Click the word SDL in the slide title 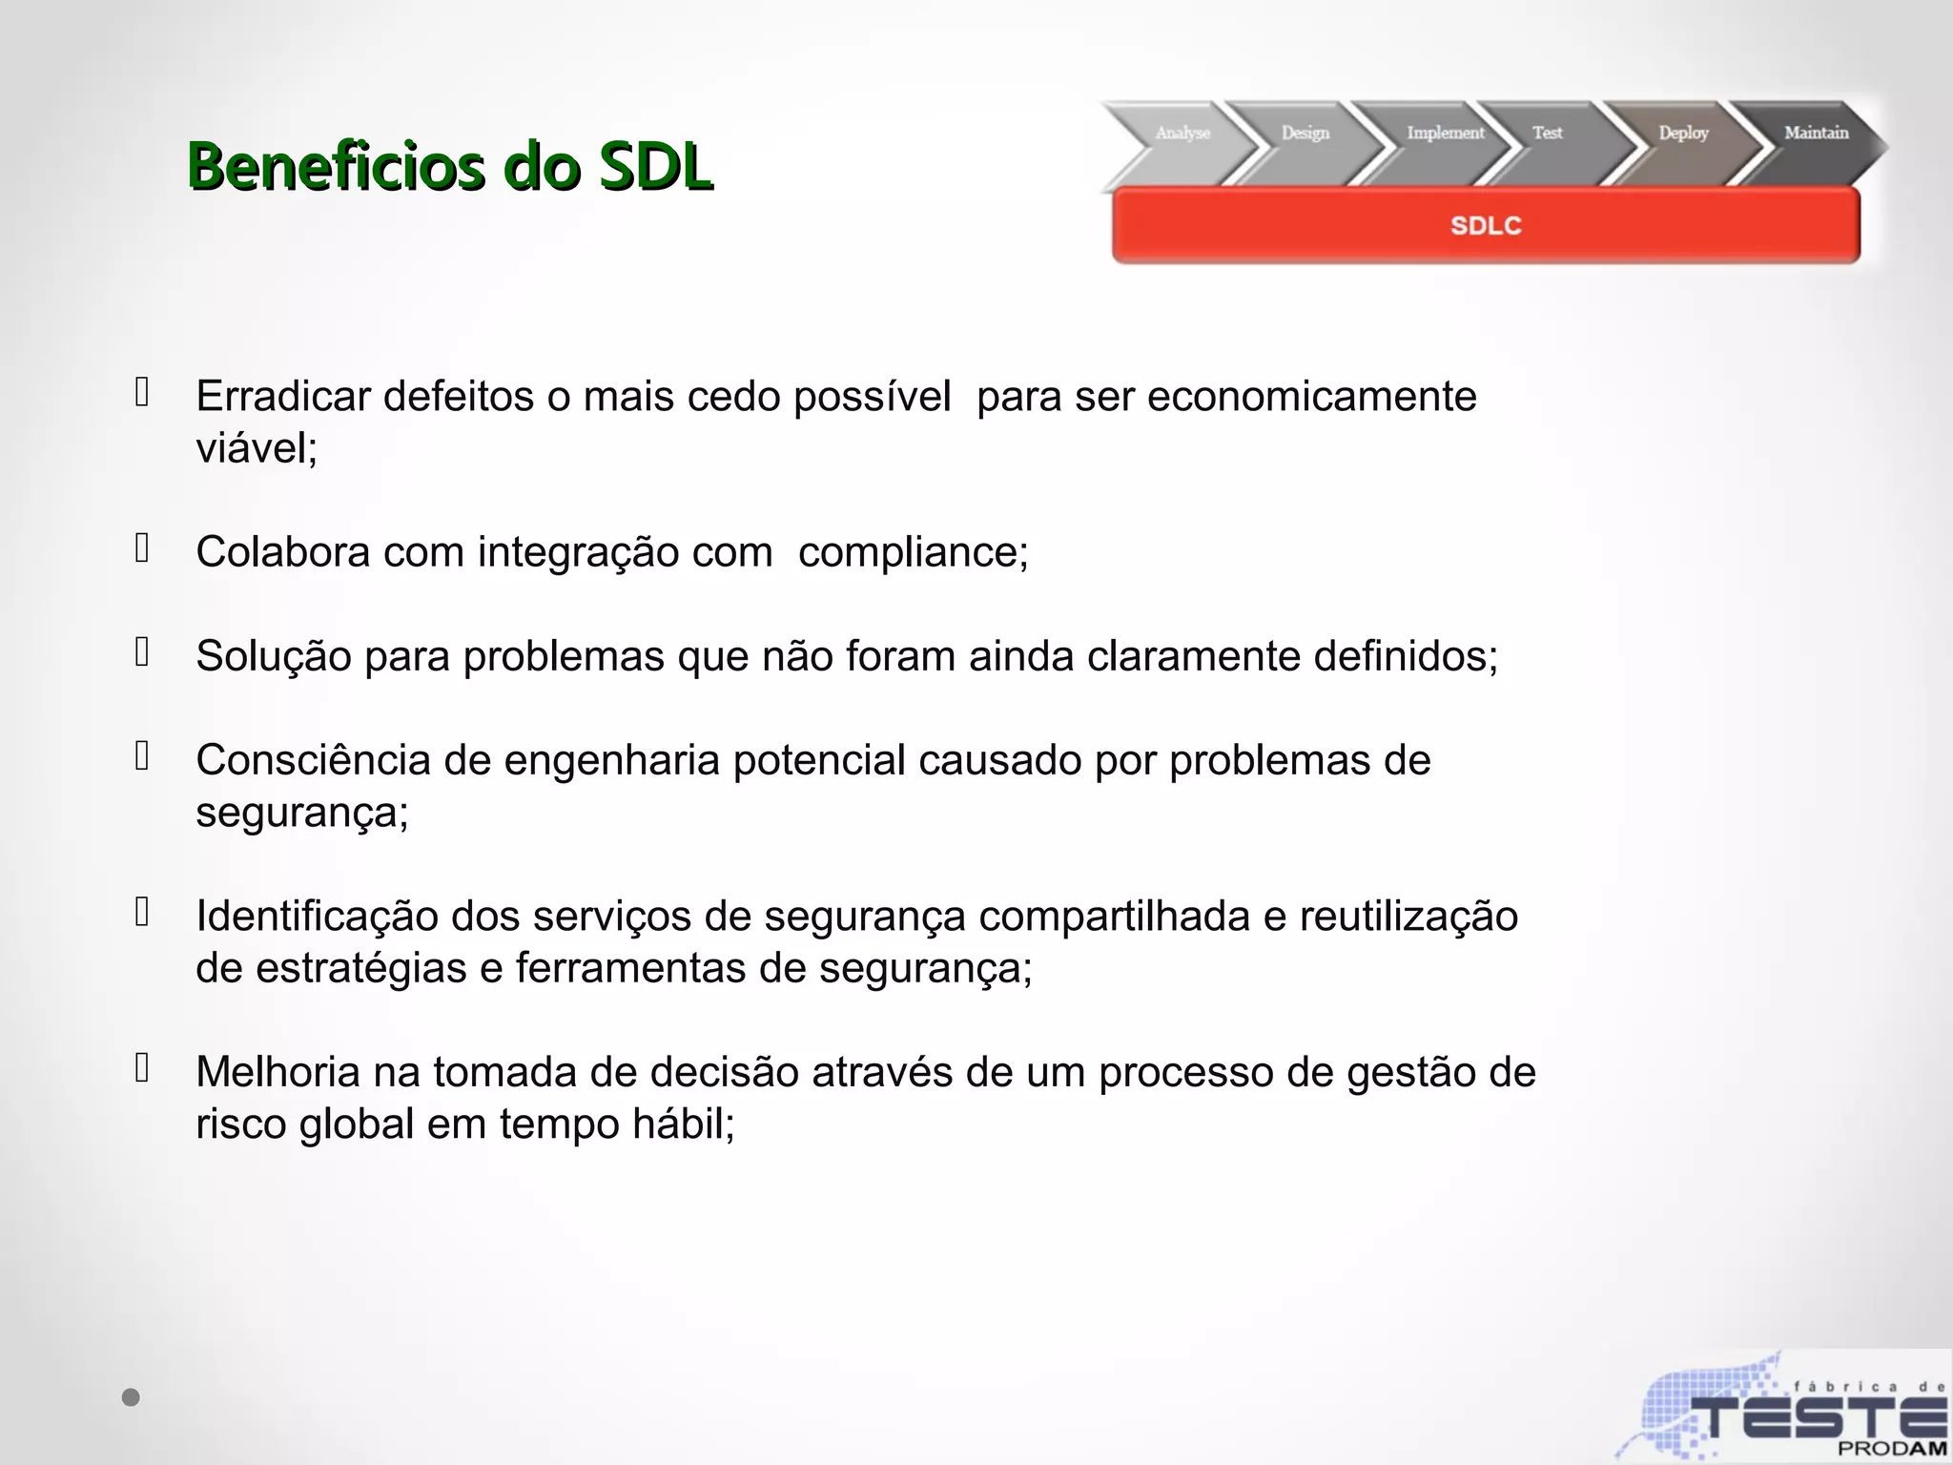click(655, 168)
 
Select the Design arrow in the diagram click(1305, 134)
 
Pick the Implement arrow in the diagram click(1445, 134)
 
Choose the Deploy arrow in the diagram click(1683, 134)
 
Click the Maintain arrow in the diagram click(1816, 134)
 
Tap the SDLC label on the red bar click(1486, 226)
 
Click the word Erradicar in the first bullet click(282, 397)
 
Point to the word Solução click(274, 656)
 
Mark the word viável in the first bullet click(256, 448)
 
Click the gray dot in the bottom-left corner click(131, 1397)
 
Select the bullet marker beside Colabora click(142, 548)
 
